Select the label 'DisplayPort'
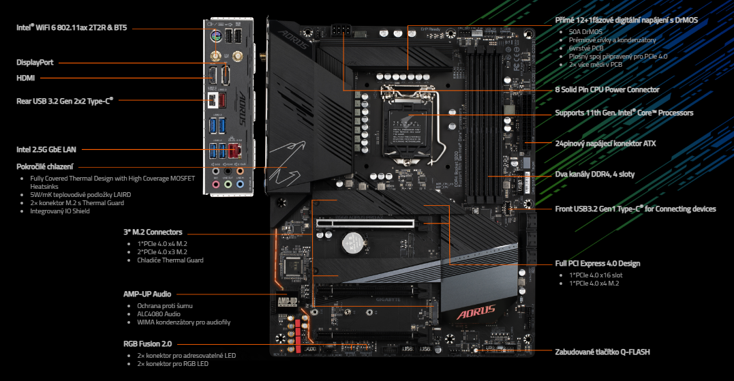click(x=35, y=62)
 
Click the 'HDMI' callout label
click(x=26, y=78)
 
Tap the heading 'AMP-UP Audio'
click(x=147, y=294)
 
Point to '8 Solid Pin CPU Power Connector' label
click(x=607, y=89)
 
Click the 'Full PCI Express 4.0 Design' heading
click(x=598, y=263)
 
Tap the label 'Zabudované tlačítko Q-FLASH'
click(x=602, y=352)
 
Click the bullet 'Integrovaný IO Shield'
click(x=60, y=211)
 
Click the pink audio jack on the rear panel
click(x=216, y=183)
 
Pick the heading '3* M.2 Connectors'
click(x=153, y=232)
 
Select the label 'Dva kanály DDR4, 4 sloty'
click(x=595, y=174)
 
